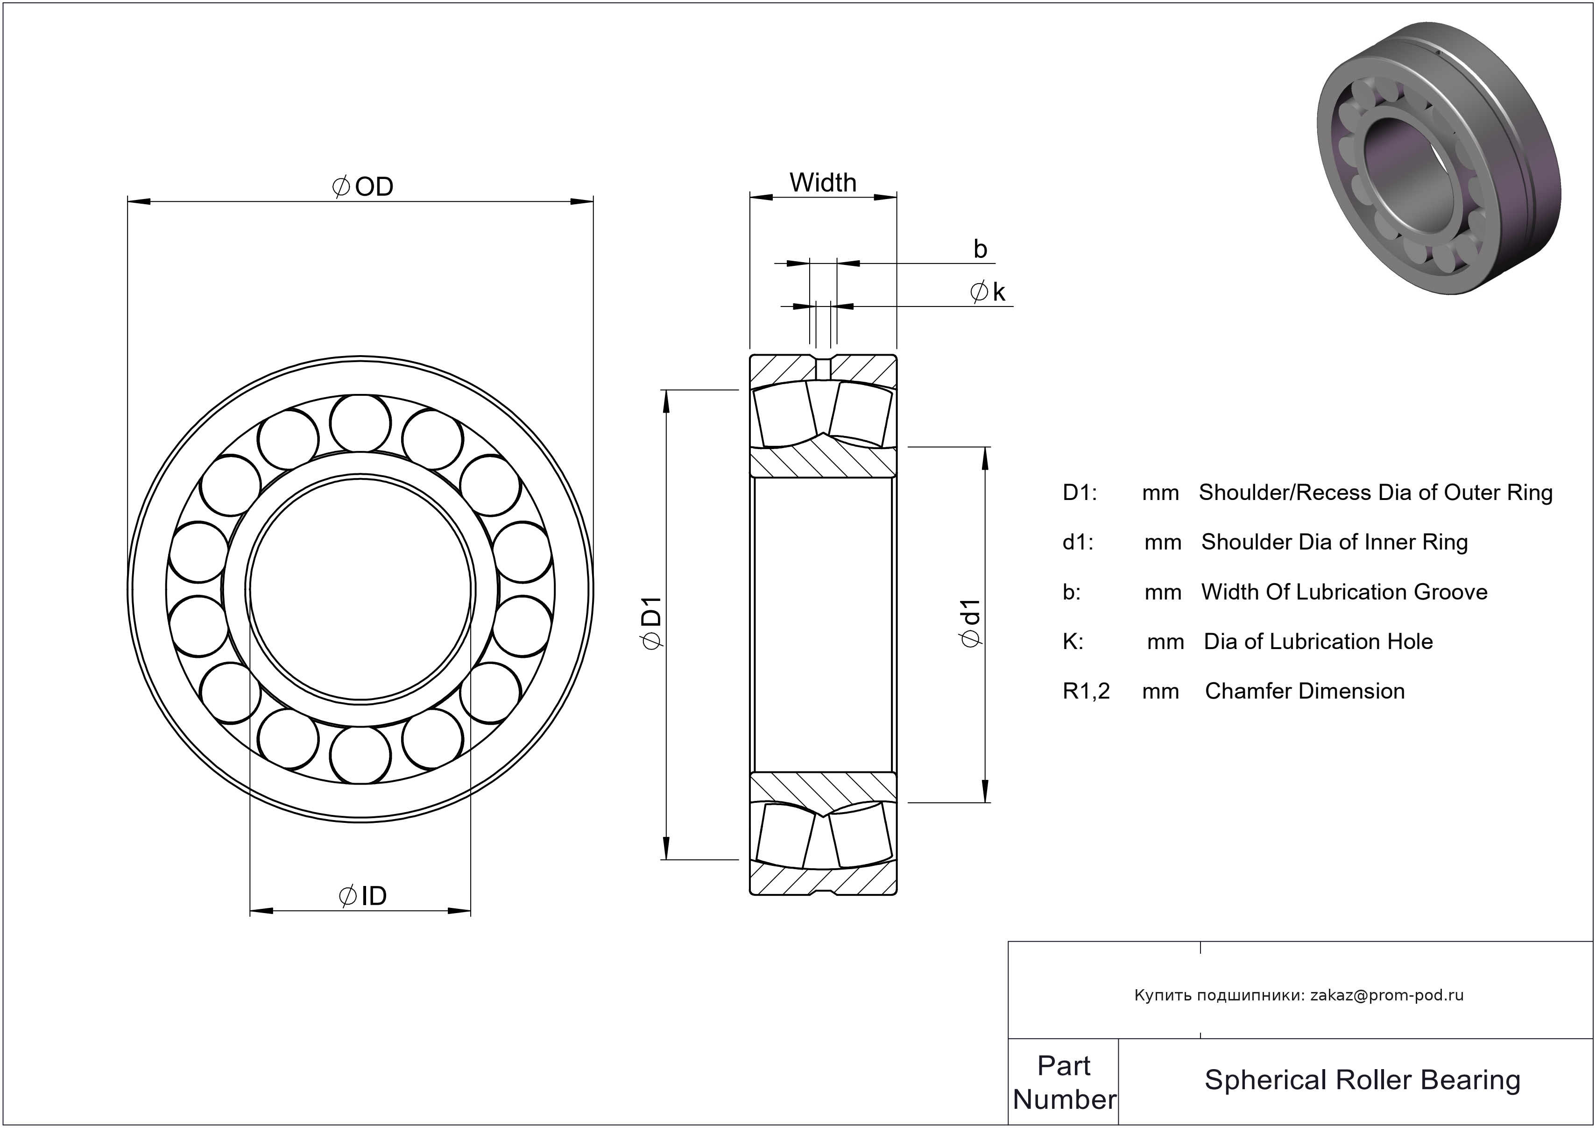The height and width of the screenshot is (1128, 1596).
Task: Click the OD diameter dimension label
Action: click(x=364, y=186)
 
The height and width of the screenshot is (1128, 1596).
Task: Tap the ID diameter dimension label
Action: click(x=363, y=896)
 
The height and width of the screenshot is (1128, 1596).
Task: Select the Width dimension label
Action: click(x=823, y=183)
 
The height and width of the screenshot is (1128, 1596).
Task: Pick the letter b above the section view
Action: click(x=980, y=249)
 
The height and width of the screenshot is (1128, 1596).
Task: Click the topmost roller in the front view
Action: click(x=360, y=423)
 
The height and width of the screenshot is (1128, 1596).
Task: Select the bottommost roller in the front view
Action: click(x=360, y=755)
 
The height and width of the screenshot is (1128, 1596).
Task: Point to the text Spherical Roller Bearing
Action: click(x=1363, y=1080)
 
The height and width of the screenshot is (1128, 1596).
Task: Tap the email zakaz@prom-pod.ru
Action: click(x=1387, y=995)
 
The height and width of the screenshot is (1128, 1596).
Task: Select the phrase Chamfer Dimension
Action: click(x=1305, y=691)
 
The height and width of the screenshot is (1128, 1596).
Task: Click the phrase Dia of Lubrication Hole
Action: click(x=1318, y=641)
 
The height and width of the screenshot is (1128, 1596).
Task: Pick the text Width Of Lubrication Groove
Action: click(x=1344, y=592)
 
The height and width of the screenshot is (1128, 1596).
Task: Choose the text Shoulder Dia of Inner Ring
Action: click(x=1335, y=542)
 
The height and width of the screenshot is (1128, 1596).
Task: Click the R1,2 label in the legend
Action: click(x=1086, y=691)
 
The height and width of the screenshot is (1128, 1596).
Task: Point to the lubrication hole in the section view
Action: click(x=823, y=369)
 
